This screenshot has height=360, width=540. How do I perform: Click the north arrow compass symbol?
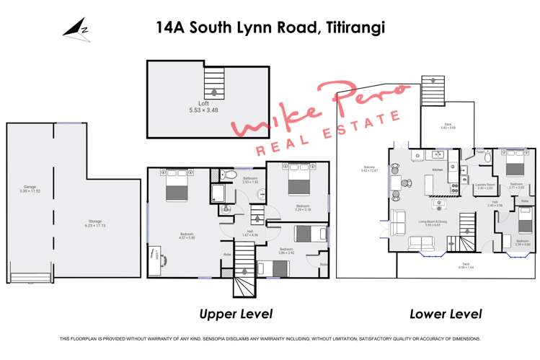point(76,30)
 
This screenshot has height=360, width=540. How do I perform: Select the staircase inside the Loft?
point(214,82)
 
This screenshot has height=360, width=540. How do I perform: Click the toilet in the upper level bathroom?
point(229,174)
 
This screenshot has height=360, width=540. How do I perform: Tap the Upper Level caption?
point(235,314)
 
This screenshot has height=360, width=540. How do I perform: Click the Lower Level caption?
point(446,314)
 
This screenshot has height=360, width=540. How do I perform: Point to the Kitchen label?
point(436,170)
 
